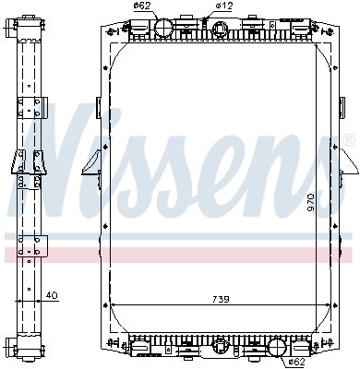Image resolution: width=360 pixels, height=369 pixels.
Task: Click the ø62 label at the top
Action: coord(142,6)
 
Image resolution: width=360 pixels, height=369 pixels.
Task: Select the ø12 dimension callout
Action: coord(224,6)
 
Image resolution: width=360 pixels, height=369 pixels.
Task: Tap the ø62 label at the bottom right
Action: coord(296,362)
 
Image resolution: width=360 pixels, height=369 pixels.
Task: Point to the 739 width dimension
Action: coord(221,299)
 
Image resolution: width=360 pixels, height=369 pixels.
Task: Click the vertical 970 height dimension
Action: coord(311,202)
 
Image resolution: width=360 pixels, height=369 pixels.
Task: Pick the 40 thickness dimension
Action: coord(52,295)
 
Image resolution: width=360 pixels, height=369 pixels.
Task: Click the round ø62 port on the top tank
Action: coord(164,28)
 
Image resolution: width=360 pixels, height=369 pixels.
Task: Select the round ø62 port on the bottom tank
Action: coord(278,348)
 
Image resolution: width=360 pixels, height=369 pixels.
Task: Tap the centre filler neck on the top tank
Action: coord(220,30)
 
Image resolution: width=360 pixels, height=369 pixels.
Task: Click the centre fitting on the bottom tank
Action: coord(222,351)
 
